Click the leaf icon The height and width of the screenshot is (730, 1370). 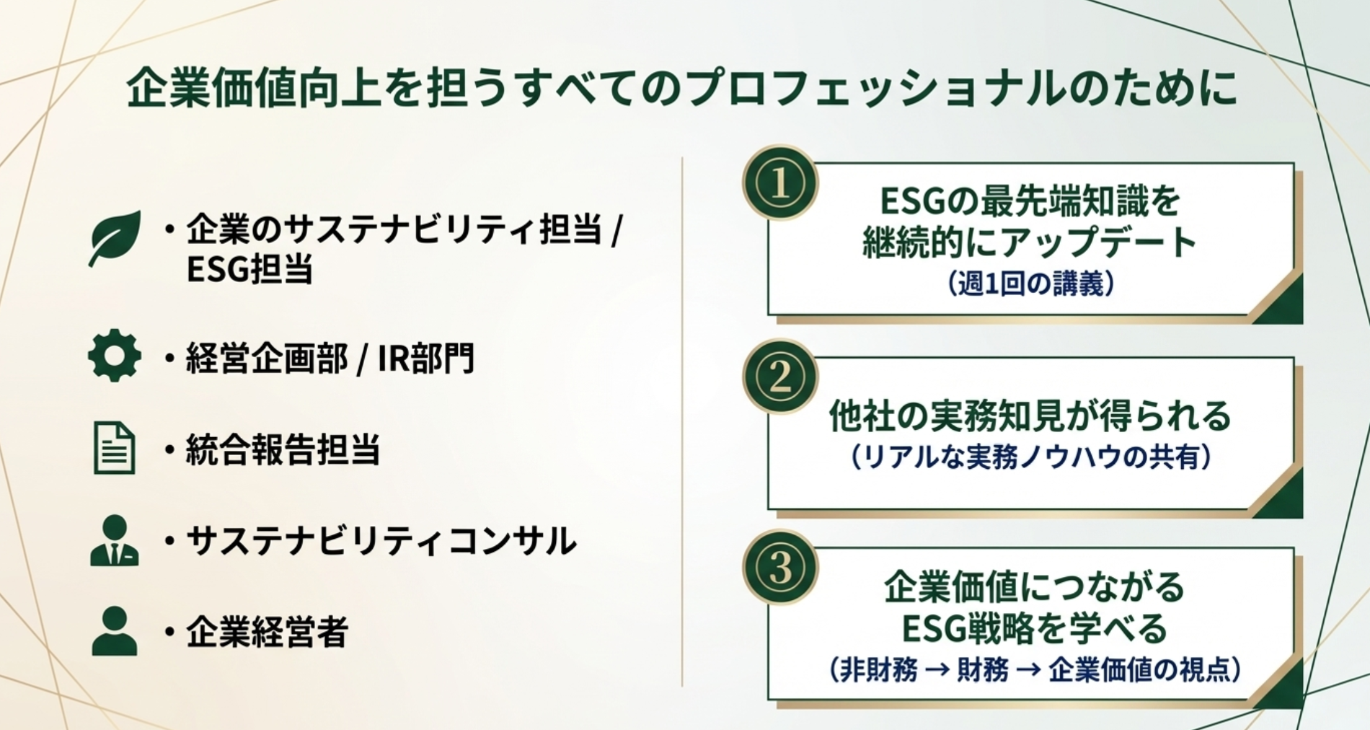tap(115, 237)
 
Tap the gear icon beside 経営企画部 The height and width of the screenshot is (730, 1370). tap(114, 356)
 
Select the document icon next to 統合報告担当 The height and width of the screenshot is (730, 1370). tap(114, 448)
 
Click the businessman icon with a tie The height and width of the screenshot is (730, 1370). tap(114, 540)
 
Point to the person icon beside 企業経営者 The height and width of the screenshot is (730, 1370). tap(114, 631)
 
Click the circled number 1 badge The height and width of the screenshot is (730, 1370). tap(779, 183)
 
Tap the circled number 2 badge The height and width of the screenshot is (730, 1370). tap(779, 377)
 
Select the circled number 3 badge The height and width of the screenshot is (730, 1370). tap(779, 568)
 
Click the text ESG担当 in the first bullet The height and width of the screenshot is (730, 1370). tap(249, 270)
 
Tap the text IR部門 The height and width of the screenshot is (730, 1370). tap(426, 359)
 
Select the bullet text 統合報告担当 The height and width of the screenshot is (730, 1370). tap(283, 449)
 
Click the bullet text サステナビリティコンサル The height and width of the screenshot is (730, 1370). tap(381, 541)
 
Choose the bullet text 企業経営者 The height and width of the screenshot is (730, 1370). tap(267, 633)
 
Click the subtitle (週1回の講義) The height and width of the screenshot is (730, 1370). tap(1031, 284)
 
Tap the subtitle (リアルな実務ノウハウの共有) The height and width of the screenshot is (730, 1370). tap(1031, 457)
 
